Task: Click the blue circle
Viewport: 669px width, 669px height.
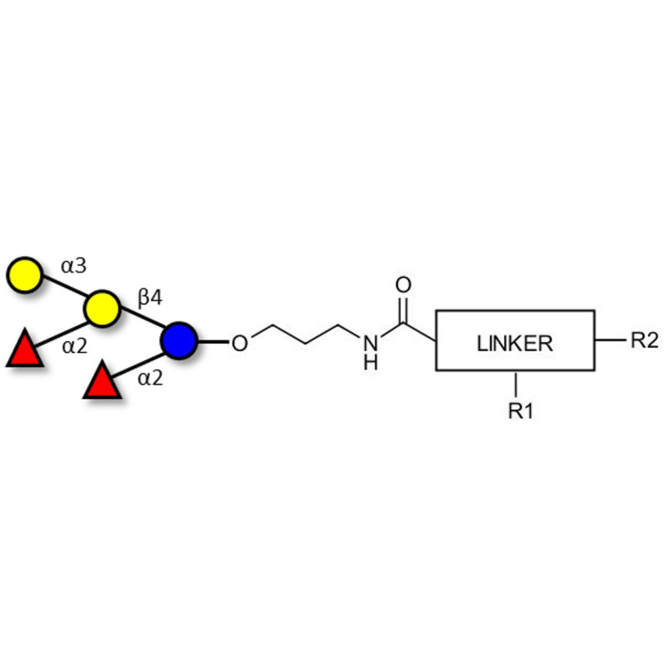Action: pos(179,341)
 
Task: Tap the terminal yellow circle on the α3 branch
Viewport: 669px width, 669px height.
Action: pos(24,275)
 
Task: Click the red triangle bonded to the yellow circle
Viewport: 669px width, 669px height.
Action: pos(24,350)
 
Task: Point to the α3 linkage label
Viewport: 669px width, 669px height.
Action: pos(74,266)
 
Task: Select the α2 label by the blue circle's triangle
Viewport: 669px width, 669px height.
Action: pos(151,378)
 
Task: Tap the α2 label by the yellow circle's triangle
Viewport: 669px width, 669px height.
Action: pos(74,346)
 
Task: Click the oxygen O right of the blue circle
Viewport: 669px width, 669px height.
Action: pos(239,342)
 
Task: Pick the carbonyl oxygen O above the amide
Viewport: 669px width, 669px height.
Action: pos(404,285)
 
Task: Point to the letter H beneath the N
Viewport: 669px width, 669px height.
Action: pos(370,362)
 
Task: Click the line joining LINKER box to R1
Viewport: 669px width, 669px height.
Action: pos(518,383)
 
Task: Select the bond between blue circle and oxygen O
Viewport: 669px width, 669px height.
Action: pos(212,341)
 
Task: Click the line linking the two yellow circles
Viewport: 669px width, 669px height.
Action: pos(63,291)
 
